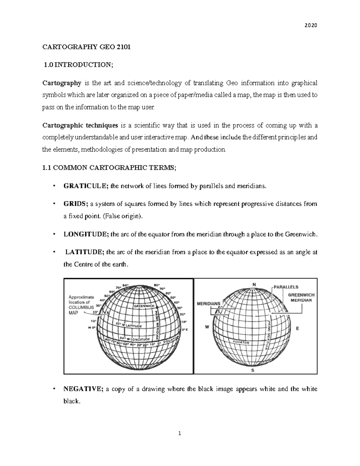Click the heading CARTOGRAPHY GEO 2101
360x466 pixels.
tap(87, 47)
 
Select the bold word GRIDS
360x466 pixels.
tap(76, 204)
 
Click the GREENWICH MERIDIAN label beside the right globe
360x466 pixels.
tap(301, 297)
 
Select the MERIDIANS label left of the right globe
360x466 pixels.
tap(208, 304)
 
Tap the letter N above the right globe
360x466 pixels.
tap(254, 284)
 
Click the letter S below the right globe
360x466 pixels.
tap(253, 370)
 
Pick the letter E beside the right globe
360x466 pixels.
tap(298, 329)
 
